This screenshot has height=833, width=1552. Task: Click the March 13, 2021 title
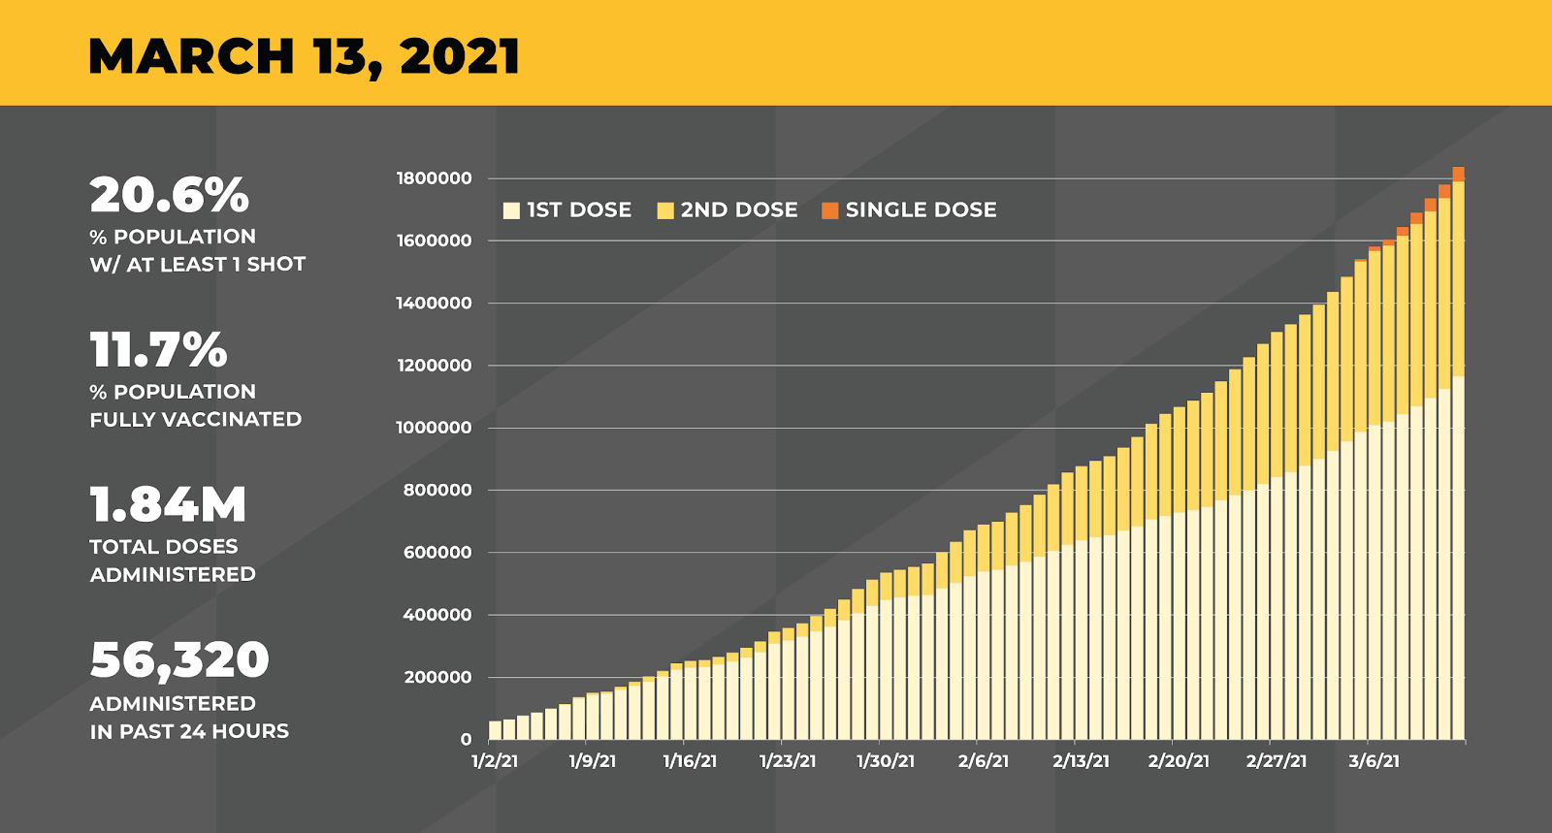(304, 56)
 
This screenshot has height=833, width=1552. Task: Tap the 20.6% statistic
(170, 195)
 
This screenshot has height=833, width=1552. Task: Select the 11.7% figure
(158, 350)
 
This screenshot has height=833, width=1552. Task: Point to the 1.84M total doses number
(168, 505)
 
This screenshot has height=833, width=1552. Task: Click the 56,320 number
(179, 660)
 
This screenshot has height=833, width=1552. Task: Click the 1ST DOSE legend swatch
(511, 210)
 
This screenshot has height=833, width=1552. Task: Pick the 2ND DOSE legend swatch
(665, 210)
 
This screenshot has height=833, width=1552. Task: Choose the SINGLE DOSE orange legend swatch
(829, 210)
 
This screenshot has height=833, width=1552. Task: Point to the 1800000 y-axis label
(434, 178)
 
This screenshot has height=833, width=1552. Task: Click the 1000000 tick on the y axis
(434, 428)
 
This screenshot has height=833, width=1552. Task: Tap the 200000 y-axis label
(437, 677)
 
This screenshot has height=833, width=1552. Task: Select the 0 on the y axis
(466, 740)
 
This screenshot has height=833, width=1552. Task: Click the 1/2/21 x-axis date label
(495, 761)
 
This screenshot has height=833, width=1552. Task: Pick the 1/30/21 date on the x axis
(886, 761)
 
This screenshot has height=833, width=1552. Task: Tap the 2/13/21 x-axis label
(1081, 761)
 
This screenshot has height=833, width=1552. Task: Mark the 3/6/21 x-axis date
(1374, 761)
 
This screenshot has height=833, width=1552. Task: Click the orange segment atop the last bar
(1458, 174)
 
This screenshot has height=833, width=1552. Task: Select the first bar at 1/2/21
(495, 730)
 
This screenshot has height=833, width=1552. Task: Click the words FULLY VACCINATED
(196, 420)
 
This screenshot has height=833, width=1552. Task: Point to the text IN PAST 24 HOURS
(189, 731)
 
